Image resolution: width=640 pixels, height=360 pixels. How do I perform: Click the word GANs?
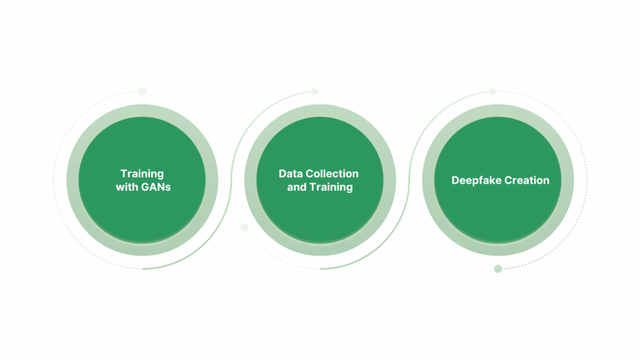(156, 187)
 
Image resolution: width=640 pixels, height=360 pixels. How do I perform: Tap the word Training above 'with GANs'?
(142, 174)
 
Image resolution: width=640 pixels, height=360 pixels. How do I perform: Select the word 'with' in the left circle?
(127, 187)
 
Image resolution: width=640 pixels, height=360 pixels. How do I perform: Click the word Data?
(291, 174)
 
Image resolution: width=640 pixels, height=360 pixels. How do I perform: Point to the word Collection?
(332, 174)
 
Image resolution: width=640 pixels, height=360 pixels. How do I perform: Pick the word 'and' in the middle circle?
(297, 187)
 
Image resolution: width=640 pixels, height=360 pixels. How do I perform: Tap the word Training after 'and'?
(331, 187)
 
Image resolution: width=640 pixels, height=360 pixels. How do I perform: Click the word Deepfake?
(475, 181)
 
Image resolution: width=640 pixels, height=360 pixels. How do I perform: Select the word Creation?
(526, 181)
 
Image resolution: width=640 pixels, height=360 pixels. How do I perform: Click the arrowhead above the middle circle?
(316, 91)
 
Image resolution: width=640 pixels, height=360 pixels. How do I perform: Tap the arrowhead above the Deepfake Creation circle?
(494, 91)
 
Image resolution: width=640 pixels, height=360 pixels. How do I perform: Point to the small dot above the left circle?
(142, 91)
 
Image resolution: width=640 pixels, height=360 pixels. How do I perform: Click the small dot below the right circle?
(498, 269)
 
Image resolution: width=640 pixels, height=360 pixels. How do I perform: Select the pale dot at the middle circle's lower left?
(244, 227)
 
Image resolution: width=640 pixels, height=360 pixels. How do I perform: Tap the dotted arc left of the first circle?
(54, 179)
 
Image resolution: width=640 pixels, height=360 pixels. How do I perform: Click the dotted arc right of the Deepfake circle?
(587, 179)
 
